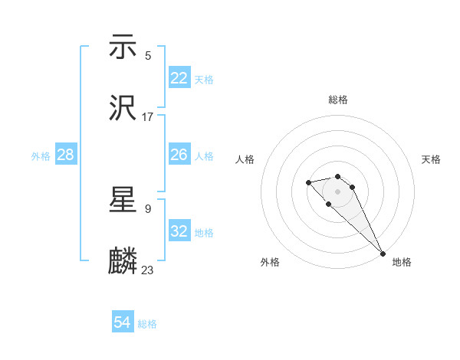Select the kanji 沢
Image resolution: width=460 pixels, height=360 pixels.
[x=123, y=108]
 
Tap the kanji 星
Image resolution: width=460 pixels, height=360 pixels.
[x=123, y=201]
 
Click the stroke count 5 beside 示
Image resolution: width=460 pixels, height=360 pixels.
[x=148, y=55]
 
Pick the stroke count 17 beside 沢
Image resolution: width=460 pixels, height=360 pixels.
[x=148, y=116]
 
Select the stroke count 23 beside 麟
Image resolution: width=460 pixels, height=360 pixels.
[x=148, y=270]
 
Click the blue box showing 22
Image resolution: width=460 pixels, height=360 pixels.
[x=179, y=78]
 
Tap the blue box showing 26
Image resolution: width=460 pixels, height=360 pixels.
[x=179, y=155]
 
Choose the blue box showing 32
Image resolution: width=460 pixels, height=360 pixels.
[x=179, y=231]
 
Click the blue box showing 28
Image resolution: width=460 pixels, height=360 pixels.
[x=66, y=155]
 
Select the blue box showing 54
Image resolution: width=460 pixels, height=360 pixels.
[x=123, y=323]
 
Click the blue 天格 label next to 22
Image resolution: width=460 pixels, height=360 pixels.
[x=204, y=79]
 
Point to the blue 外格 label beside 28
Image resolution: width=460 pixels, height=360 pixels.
[x=41, y=155]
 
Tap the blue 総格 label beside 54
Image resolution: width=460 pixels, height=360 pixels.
[x=147, y=324]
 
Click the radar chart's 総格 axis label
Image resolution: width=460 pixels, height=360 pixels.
[x=338, y=100]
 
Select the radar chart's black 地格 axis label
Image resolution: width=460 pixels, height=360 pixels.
[x=402, y=262]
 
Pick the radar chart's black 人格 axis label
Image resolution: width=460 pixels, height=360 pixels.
[x=245, y=159]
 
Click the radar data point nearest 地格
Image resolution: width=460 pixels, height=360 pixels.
[x=383, y=254]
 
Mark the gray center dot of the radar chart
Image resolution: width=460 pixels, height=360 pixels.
[x=338, y=191]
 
